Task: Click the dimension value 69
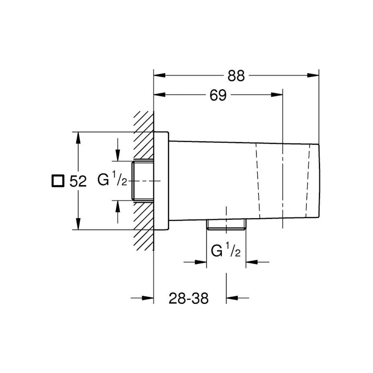218,95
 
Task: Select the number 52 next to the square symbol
78,181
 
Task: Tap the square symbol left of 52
57,181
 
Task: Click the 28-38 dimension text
188,299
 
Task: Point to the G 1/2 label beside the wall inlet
112,180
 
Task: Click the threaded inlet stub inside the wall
143,181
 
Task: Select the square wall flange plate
161,181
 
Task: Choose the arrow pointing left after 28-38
232,298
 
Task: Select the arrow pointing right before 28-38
148,298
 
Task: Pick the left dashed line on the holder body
258,181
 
